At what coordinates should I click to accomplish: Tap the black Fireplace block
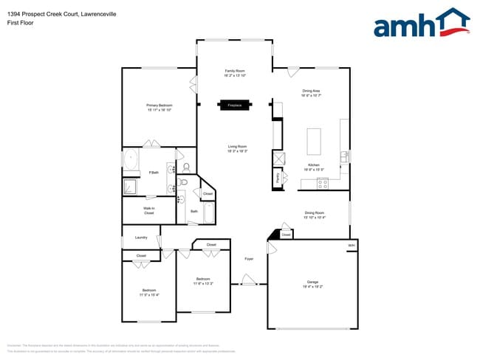tap(235, 105)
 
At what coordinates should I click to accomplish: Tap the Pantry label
tap(278, 177)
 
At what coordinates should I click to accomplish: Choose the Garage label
tap(312, 284)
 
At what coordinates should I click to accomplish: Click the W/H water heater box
tap(352, 246)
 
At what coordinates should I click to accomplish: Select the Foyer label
tap(249, 258)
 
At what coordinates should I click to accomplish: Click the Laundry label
tap(141, 238)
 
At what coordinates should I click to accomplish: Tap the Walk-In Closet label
tap(148, 211)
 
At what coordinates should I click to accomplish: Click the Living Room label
tap(237, 148)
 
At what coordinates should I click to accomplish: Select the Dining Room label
tap(315, 215)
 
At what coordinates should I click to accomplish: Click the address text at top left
tap(58, 13)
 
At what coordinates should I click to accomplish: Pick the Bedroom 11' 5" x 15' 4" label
tap(150, 292)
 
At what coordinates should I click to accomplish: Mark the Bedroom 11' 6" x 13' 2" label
tap(203, 281)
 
